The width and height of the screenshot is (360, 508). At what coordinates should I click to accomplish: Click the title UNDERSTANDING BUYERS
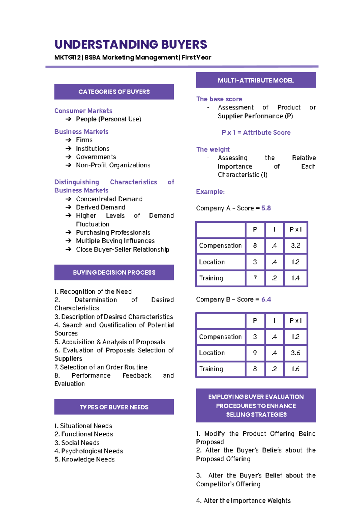[x=131, y=45]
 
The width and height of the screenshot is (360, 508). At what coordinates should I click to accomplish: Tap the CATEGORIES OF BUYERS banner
[x=114, y=92]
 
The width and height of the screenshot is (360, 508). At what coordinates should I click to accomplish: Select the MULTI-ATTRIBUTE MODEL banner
[x=256, y=80]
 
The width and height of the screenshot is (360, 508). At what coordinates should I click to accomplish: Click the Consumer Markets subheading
[x=83, y=111]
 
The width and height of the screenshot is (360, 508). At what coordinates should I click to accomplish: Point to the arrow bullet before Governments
[x=68, y=157]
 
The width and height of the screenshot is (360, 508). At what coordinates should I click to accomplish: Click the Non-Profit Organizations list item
[x=113, y=165]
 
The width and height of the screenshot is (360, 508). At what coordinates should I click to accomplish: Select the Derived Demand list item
[x=100, y=207]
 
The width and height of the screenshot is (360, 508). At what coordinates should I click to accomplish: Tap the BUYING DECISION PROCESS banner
[x=114, y=273]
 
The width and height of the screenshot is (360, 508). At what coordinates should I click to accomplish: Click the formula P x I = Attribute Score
[x=256, y=133]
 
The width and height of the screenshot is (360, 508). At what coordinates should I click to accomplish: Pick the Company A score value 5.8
[x=266, y=208]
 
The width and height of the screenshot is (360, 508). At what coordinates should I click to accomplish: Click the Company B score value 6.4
[x=266, y=299]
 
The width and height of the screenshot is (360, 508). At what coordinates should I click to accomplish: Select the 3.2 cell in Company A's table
[x=295, y=246]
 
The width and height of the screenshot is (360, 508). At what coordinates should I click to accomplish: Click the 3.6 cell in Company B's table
[x=295, y=353]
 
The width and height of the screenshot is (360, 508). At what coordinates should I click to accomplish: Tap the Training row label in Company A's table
[x=211, y=278]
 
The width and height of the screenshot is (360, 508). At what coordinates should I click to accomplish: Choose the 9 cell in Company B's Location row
[x=255, y=353]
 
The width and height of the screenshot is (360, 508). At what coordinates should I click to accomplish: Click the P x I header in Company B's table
[x=295, y=321]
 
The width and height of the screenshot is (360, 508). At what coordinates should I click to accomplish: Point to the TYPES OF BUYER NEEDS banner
[x=114, y=407]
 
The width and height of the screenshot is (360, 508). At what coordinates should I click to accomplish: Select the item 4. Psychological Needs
[x=88, y=451]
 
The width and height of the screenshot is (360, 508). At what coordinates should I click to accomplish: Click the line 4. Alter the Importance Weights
[x=243, y=501]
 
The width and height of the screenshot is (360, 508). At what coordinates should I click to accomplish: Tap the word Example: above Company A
[x=210, y=192]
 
